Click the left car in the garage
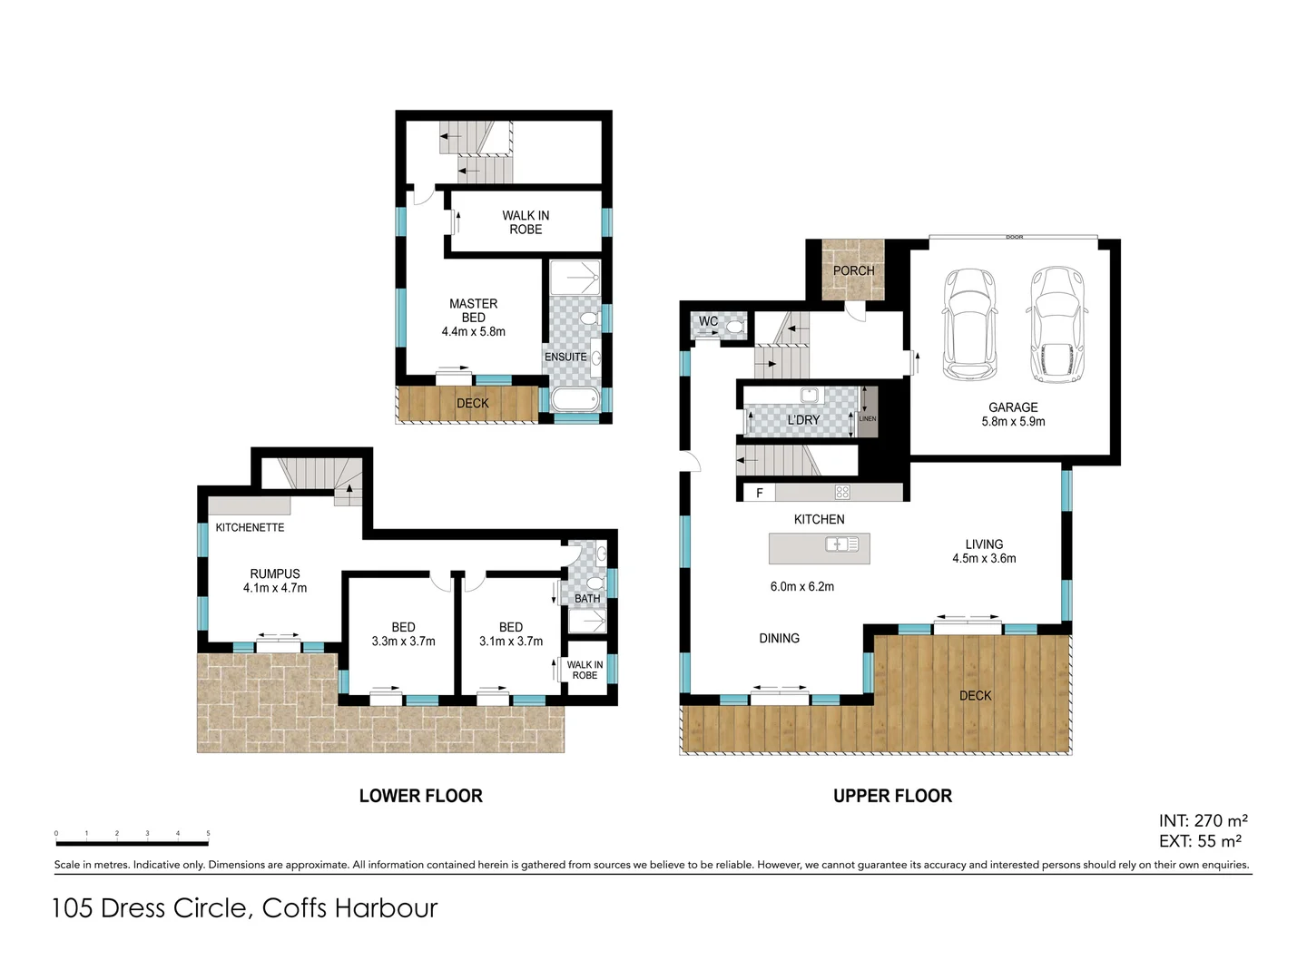coord(969,324)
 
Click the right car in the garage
coord(1056,324)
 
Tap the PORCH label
coord(853,270)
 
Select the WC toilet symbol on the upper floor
coord(734,326)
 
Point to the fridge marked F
coord(760,493)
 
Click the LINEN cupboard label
coord(868,418)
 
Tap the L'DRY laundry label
coord(803,420)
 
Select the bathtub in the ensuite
coord(575,399)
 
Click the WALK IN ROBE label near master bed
coord(526,222)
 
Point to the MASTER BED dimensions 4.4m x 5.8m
coord(473,332)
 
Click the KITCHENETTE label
coord(250,527)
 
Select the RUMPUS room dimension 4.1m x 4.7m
coord(275,588)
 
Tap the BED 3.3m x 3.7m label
coord(403,634)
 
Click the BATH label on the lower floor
coord(587,599)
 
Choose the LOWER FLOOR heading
coord(420,796)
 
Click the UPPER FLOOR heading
coord(892,796)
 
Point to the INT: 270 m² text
coord(1203,821)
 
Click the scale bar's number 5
coord(208,833)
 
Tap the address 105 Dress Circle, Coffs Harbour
coord(245,908)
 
